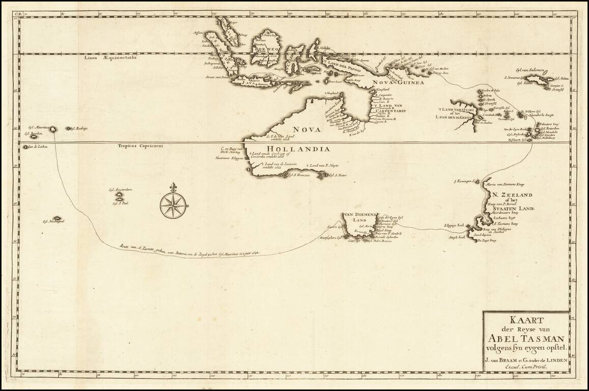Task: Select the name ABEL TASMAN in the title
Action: pos(526,339)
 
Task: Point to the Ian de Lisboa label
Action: pos(39,147)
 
